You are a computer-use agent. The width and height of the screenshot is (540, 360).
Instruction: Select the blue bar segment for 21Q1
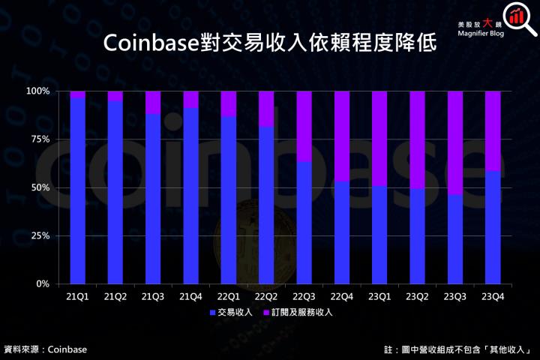point(78,191)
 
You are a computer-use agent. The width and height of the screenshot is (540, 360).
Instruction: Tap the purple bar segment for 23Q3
point(455,142)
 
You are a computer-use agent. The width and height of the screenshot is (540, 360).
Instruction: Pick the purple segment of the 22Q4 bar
point(342,136)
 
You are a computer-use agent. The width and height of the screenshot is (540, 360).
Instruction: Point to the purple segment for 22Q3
point(304,126)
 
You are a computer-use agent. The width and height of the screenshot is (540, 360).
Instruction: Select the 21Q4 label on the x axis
point(190,297)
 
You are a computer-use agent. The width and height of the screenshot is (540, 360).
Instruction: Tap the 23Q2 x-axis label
point(418,297)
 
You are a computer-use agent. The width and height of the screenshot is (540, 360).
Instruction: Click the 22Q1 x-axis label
point(229,297)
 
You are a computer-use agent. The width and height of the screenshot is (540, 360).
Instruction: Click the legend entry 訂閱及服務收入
point(300,311)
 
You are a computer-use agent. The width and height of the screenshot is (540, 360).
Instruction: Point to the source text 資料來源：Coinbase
point(46,349)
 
